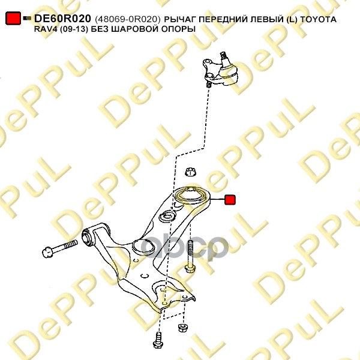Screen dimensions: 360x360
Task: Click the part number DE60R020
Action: click(62, 19)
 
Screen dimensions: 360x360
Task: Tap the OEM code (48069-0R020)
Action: click(127, 19)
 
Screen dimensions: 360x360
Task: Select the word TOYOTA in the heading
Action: click(318, 19)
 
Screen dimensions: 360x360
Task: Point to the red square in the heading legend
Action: click(13, 18)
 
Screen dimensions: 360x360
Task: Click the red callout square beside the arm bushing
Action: click(230, 200)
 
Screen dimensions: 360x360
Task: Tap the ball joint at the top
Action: click(220, 70)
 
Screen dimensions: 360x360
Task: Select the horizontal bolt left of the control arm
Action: click(60, 248)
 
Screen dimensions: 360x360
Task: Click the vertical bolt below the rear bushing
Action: click(190, 257)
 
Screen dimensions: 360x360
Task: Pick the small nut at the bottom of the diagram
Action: click(183, 328)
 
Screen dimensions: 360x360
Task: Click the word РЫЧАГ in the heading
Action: click(180, 19)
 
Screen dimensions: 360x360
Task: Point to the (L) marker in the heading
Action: click(292, 20)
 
